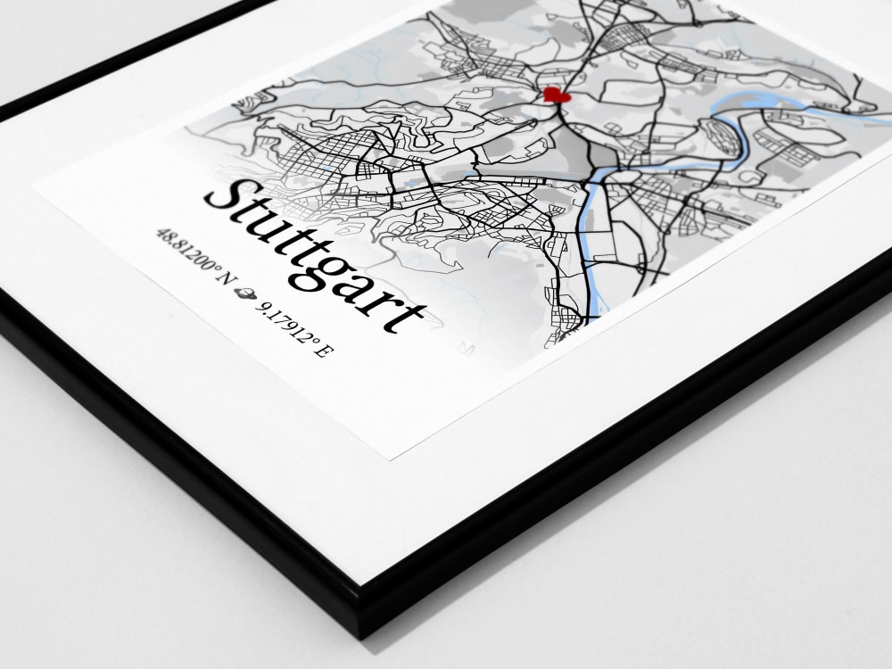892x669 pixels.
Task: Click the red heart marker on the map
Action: pos(555,94)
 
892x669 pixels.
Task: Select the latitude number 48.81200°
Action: pos(186,253)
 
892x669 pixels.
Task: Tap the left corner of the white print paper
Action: pos(34,186)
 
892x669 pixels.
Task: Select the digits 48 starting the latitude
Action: pos(163,236)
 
